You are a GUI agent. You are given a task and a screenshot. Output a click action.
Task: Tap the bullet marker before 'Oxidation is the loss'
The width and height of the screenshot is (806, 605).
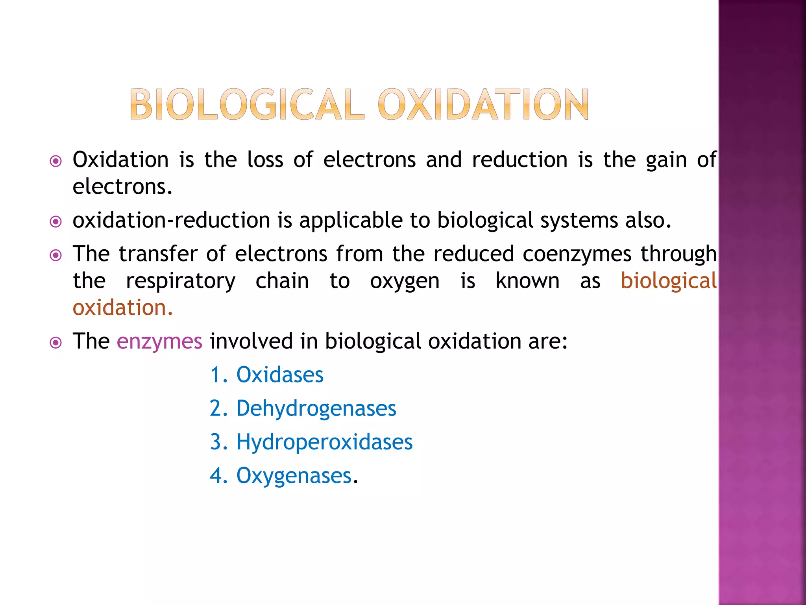tap(56, 161)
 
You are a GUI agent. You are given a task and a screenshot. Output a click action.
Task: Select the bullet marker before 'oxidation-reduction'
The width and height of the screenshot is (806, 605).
tap(56, 222)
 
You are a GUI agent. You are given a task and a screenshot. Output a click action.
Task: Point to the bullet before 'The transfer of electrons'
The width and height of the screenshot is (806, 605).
tap(56, 256)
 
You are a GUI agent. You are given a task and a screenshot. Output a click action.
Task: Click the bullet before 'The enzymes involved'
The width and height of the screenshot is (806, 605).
tap(56, 343)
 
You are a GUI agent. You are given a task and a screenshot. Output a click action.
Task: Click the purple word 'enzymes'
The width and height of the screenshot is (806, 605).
tap(159, 341)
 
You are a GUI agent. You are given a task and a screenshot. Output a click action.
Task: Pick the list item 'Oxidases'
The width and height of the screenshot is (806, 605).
tap(279, 375)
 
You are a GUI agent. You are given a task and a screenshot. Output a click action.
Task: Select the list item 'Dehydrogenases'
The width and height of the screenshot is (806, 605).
tap(316, 408)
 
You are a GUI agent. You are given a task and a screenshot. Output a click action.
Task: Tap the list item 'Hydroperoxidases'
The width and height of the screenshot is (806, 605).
tap(324, 442)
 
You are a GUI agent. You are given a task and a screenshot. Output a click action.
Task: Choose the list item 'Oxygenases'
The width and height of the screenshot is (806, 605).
tap(294, 476)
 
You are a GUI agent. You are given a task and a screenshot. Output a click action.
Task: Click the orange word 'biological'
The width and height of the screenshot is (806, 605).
tap(668, 281)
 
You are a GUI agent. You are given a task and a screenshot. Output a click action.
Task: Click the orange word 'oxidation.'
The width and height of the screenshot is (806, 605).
tap(123, 308)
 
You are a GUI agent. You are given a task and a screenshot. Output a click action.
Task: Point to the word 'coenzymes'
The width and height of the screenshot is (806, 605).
tap(577, 254)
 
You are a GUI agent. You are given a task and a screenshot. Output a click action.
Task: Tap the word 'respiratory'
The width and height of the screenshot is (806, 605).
tap(181, 281)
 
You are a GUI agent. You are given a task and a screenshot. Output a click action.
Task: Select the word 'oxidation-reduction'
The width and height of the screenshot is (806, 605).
tap(171, 220)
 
